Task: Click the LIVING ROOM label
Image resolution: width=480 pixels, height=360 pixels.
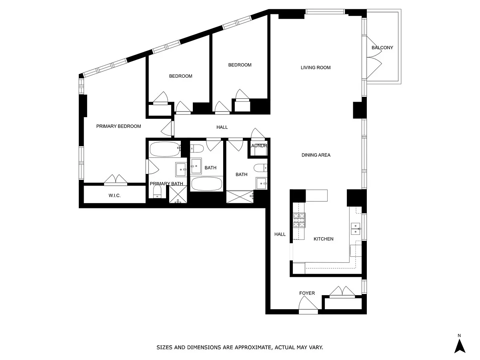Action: coord(315,68)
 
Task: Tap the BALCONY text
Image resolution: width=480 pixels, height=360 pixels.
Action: coord(382,48)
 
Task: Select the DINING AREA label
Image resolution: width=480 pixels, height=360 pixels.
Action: coord(316,155)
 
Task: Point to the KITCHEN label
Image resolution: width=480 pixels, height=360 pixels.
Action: coord(324,239)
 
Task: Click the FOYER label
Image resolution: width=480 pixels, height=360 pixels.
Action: coord(307,293)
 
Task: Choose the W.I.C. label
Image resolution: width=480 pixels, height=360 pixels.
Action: coord(114,196)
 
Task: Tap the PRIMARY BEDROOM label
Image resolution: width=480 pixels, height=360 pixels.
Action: coord(118,126)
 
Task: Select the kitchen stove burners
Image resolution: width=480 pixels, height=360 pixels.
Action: coord(299,220)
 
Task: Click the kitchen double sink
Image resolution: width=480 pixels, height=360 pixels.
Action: coord(356,229)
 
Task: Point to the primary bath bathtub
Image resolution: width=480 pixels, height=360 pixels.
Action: coord(165,149)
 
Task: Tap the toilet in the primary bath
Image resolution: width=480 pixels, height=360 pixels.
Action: coord(157,192)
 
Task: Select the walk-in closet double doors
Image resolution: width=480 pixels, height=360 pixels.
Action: coord(116,180)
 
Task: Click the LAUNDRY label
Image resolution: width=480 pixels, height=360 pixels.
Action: coord(258,146)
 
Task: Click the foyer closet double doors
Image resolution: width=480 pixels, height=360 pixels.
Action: coord(342,291)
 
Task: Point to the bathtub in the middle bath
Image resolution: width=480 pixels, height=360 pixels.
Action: coord(206,184)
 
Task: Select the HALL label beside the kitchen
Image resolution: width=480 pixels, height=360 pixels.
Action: coord(280,234)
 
